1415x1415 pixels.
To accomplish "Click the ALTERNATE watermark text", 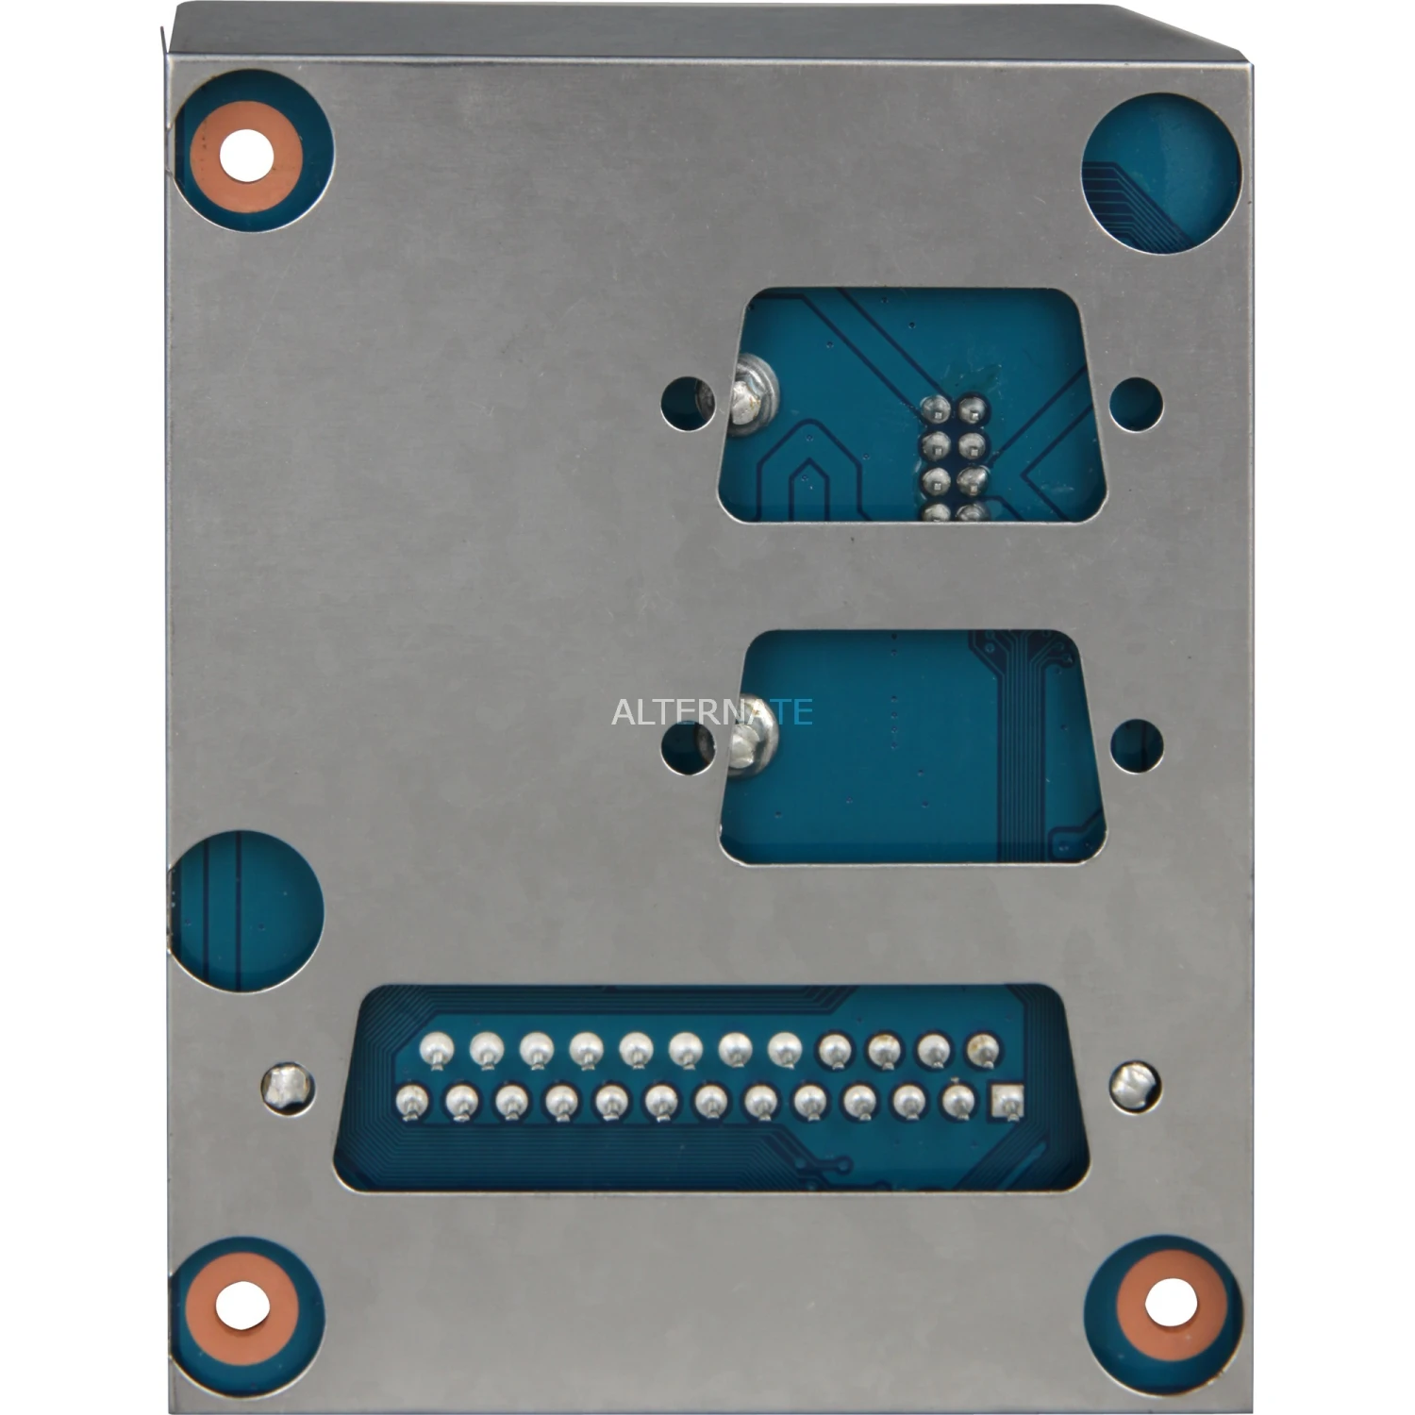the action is [x=712, y=711].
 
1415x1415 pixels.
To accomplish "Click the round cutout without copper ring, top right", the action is [x=1160, y=177].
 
